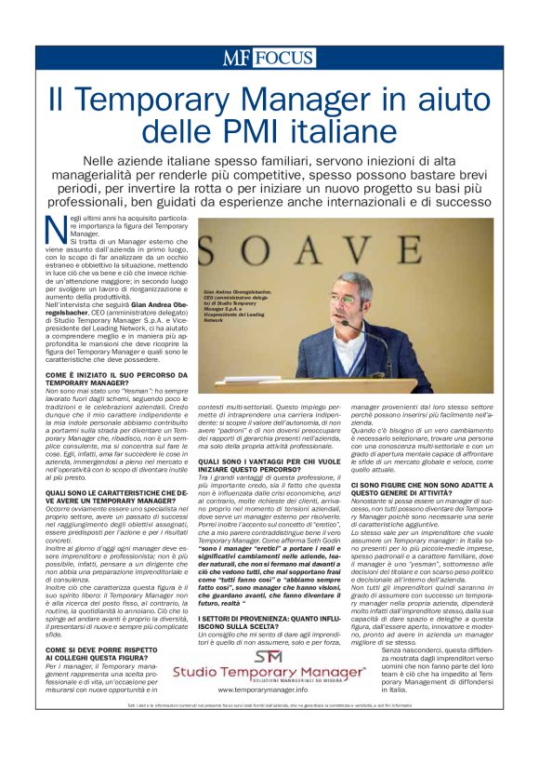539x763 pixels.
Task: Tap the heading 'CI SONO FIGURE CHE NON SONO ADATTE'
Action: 422,459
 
